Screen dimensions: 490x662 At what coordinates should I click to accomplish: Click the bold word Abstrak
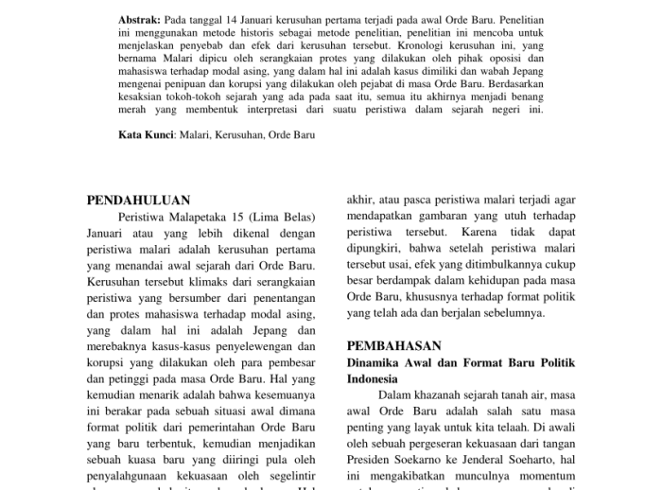[x=140, y=20]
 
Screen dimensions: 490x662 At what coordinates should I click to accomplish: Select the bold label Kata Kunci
[x=146, y=135]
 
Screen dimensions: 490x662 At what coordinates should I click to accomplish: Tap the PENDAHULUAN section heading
[x=138, y=201]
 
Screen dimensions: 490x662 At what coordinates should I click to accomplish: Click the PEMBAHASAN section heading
[x=394, y=346]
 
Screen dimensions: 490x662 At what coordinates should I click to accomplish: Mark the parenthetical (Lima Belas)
[x=286, y=218]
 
